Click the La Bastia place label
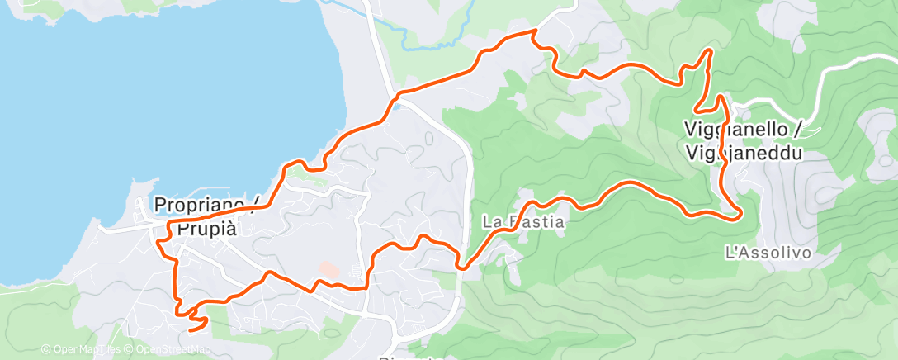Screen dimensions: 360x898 [523, 222]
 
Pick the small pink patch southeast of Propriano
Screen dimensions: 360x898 [328, 270]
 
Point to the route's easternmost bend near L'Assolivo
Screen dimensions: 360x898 [739, 214]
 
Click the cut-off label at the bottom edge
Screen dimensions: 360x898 [404, 357]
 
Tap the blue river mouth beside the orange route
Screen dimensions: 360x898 [397, 104]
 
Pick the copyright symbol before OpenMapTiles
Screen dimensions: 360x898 [46, 349]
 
